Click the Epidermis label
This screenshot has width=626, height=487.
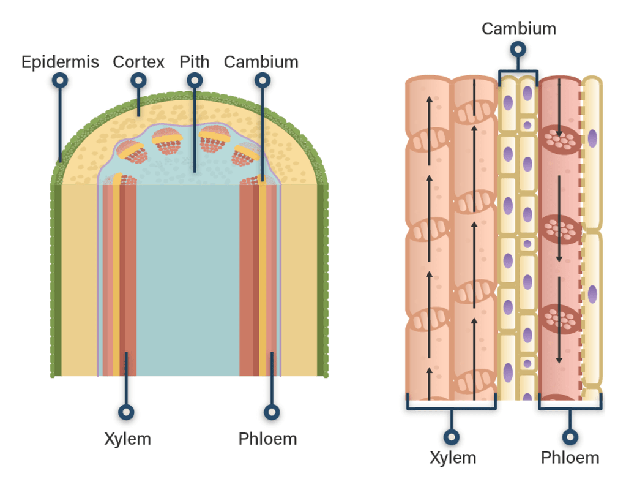(60, 62)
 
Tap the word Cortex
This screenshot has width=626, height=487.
(139, 62)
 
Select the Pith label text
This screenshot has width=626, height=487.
(195, 62)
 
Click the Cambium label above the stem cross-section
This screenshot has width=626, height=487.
(261, 62)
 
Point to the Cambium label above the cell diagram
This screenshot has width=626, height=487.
(519, 29)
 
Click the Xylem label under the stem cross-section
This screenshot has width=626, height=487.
(127, 439)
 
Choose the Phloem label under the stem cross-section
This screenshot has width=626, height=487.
(267, 439)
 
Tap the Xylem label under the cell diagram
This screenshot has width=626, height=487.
(453, 458)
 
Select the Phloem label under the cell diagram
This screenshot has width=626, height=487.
(570, 458)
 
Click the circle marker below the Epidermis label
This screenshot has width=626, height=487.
(60, 80)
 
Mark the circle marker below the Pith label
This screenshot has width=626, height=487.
(195, 80)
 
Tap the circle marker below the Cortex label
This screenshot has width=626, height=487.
(139, 80)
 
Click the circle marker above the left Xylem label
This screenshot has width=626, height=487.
(127, 412)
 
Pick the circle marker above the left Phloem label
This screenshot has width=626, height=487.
(272, 412)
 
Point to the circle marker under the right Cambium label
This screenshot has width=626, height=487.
(518, 48)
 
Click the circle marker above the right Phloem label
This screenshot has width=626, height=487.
(570, 437)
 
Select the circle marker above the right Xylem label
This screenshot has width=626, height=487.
(452, 437)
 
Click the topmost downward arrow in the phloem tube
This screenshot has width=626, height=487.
(559, 107)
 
